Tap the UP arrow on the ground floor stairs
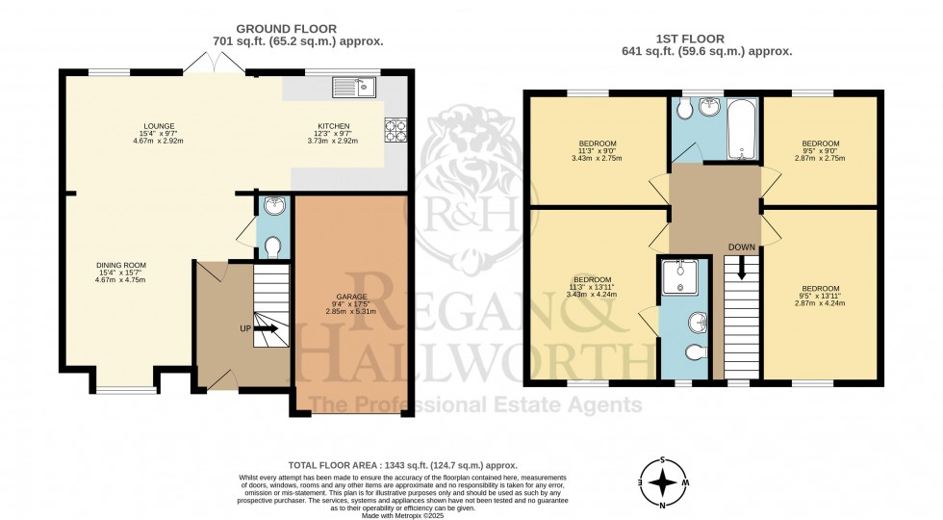point(267,328)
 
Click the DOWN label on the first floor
point(742,247)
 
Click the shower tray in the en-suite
point(684,277)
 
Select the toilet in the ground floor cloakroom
point(272,247)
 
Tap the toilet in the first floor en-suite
point(697,351)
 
